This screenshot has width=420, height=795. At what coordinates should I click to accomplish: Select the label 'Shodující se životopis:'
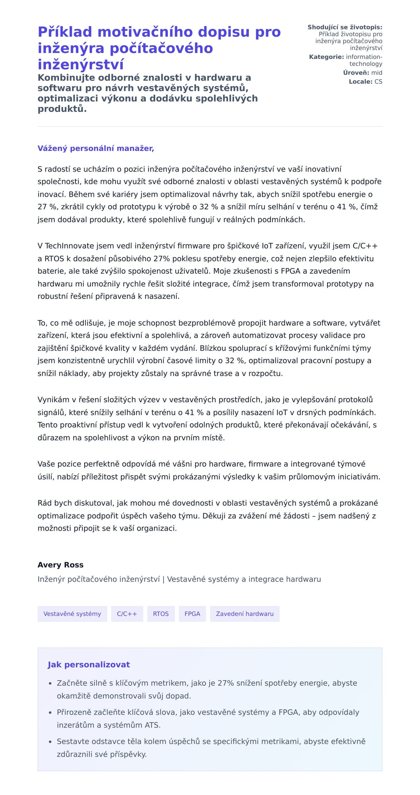pyautogui.click(x=345, y=27)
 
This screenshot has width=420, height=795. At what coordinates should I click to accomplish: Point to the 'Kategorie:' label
pyautogui.click(x=326, y=57)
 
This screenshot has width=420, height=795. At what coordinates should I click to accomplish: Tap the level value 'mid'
pyautogui.click(x=377, y=73)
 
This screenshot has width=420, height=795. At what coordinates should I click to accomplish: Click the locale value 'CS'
pyautogui.click(x=378, y=82)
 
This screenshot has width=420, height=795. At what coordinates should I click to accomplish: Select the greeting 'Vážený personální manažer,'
pyautogui.click(x=96, y=148)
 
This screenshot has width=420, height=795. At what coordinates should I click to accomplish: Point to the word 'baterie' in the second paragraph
pyautogui.click(x=49, y=271)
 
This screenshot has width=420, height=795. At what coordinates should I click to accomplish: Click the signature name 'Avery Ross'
pyautogui.click(x=61, y=565)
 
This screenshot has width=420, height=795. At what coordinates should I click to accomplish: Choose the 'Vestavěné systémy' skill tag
pyautogui.click(x=72, y=614)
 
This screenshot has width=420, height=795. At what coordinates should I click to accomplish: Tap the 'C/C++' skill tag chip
pyautogui.click(x=127, y=614)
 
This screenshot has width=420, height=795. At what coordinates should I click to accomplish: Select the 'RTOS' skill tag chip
pyautogui.click(x=161, y=614)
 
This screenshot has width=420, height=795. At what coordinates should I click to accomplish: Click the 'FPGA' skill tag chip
pyautogui.click(x=192, y=614)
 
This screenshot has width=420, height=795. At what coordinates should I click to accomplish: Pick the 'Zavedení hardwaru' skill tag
pyautogui.click(x=245, y=614)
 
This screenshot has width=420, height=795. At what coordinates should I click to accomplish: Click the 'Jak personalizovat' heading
pyautogui.click(x=89, y=665)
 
